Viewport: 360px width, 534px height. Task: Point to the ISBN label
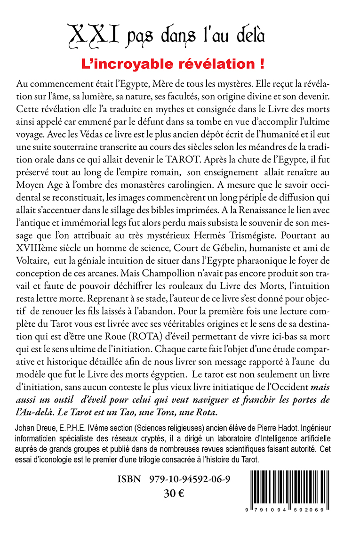coord(129,480)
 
